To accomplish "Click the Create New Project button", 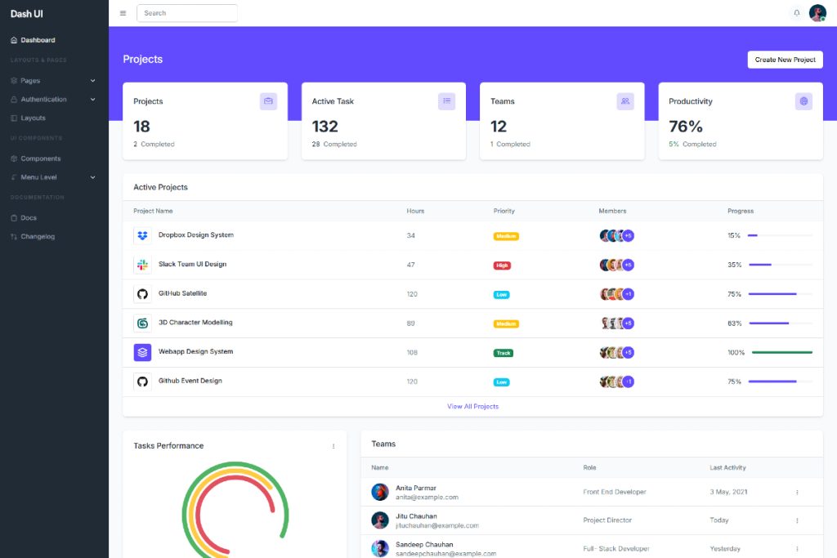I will [x=785, y=60].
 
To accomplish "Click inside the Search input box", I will [x=187, y=13].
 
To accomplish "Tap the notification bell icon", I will [x=797, y=13].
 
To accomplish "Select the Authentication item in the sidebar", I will [x=44, y=100].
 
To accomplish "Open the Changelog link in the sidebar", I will [x=38, y=237].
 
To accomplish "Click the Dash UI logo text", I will [x=27, y=13].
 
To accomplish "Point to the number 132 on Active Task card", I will [x=325, y=127].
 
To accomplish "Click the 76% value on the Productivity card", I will [x=686, y=127].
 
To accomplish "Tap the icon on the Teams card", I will [x=625, y=101].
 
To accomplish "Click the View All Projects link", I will [x=472, y=406].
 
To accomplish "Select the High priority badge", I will [x=502, y=265].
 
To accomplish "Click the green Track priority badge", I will [x=504, y=353].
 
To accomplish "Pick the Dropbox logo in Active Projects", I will [x=142, y=235].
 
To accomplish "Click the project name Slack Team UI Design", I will [x=192, y=265].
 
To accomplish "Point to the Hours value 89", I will [x=410, y=324].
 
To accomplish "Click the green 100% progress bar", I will [x=781, y=353].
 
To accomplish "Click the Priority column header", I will [x=504, y=211].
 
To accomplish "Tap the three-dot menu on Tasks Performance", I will [x=333, y=446].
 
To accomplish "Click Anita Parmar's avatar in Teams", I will [x=380, y=492].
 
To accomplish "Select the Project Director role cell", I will [x=607, y=520].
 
